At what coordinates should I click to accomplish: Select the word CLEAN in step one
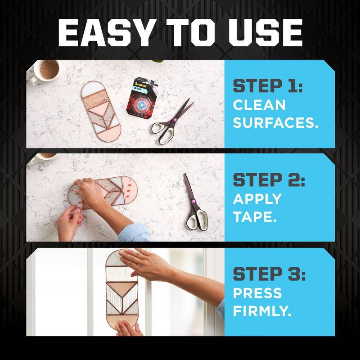click(259, 104)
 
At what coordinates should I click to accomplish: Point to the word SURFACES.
click(275, 122)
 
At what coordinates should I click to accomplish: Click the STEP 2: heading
click(269, 181)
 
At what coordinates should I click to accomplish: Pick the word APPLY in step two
click(257, 198)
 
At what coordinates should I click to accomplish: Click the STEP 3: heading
click(269, 274)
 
